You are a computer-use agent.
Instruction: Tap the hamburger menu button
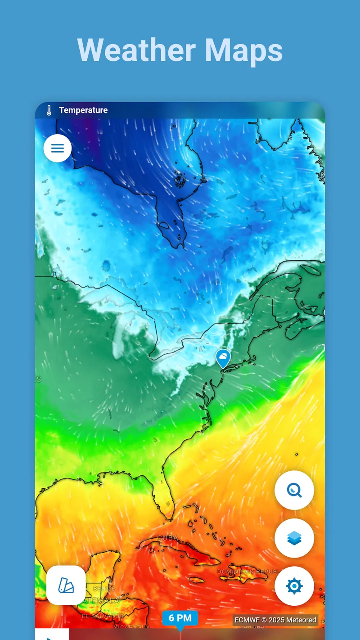tap(58, 148)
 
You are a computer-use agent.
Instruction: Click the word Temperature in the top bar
tap(83, 110)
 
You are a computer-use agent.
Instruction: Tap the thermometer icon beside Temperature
tap(49, 110)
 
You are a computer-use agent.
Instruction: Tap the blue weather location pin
tap(223, 359)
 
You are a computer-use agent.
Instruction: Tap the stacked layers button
tap(294, 538)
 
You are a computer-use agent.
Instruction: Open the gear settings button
tap(294, 586)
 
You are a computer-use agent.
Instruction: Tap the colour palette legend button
tap(66, 585)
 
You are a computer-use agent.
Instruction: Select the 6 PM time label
tap(180, 618)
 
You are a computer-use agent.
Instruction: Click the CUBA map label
tap(167, 538)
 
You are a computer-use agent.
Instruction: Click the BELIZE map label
tap(104, 589)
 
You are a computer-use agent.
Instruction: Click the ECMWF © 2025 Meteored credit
tap(275, 620)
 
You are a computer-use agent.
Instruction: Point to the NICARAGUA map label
tap(132, 626)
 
